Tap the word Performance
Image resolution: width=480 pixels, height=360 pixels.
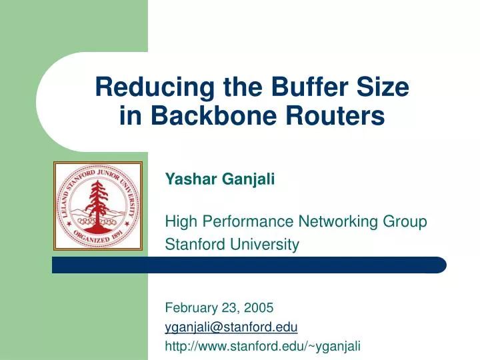[243, 221]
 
